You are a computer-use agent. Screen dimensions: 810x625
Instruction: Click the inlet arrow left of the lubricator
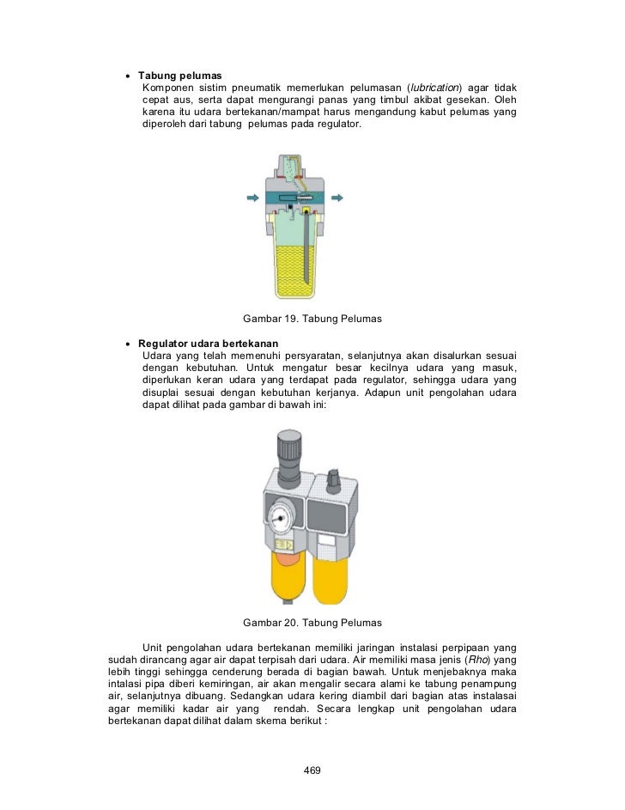pos(253,198)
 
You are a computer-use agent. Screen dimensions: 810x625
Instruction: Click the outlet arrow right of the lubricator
pos(337,198)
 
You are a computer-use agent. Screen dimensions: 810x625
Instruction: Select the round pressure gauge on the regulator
pos(280,520)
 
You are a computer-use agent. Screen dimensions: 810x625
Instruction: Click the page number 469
pos(312,770)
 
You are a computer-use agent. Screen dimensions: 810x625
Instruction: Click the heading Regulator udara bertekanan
pos(208,344)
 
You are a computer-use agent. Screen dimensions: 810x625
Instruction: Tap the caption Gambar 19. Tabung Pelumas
pos(312,319)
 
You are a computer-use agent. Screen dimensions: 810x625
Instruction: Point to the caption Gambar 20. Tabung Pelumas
pos(312,622)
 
